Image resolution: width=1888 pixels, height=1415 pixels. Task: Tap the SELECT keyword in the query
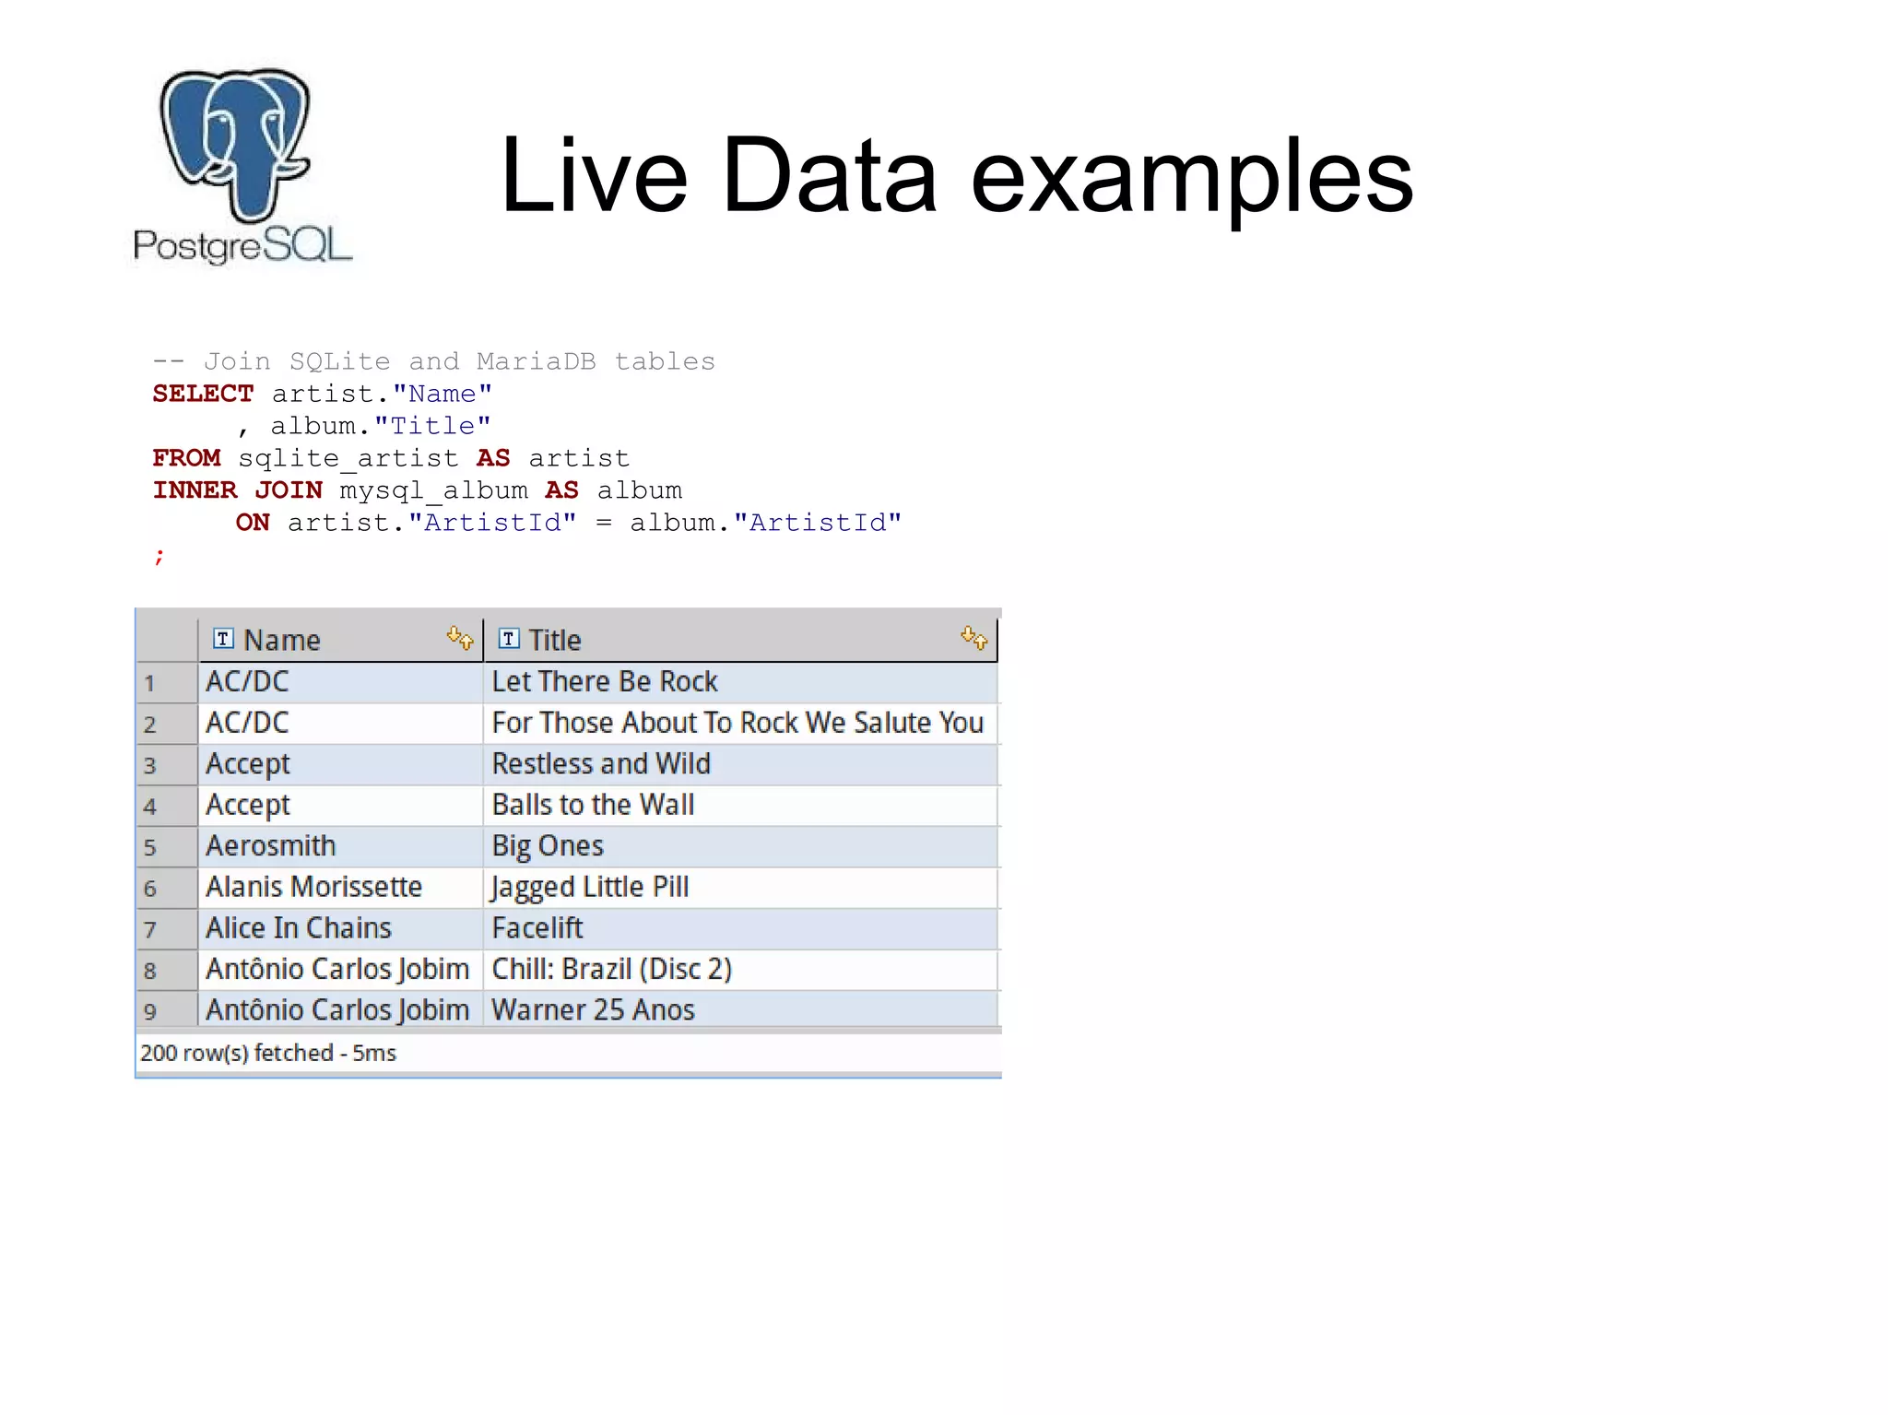(203, 394)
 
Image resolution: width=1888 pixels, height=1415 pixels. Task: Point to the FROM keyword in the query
(186, 458)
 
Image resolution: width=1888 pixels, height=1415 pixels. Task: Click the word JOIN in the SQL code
(289, 490)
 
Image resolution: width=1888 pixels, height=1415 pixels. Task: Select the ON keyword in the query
(253, 523)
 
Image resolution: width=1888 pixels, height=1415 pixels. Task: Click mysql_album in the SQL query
(433, 490)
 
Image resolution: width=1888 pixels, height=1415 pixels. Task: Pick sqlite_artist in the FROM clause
(348, 458)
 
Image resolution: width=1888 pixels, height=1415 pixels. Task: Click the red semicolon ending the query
(159, 556)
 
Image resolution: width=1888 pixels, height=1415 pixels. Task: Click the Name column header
(281, 640)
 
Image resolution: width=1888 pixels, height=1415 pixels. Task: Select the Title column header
(554, 640)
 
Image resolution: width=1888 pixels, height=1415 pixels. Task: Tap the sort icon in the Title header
(973, 637)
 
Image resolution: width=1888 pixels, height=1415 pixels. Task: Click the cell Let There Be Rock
(604, 682)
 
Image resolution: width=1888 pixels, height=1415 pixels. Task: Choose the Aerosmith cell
(270, 846)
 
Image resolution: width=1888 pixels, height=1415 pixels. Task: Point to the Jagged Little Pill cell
(590, 887)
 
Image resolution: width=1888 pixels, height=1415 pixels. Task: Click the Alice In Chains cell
(298, 928)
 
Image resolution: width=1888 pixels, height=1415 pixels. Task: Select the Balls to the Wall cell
(593, 805)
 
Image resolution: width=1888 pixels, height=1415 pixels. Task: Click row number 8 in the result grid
(150, 971)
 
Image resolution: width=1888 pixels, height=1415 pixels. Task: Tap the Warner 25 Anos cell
(593, 1010)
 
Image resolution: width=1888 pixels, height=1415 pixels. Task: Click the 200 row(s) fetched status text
(267, 1053)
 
